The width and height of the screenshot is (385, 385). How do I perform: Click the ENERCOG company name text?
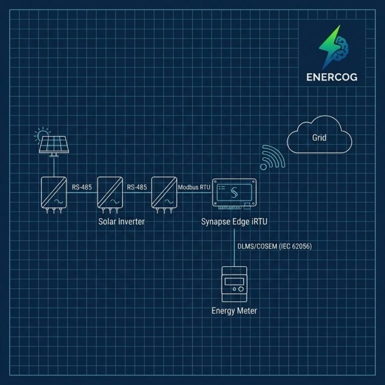click(332, 77)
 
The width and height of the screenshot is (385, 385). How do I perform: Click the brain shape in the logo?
click(341, 48)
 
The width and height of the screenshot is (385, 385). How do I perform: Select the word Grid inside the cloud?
click(319, 137)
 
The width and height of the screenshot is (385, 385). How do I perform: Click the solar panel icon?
click(54, 146)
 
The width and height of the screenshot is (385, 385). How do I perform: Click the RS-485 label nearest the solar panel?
click(82, 187)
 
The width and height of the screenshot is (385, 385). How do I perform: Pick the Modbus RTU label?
click(194, 187)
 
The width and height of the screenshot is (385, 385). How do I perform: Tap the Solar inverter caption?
click(121, 222)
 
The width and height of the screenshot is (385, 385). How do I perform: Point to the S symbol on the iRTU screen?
click(234, 192)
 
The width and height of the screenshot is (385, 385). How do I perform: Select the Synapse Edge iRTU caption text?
click(234, 222)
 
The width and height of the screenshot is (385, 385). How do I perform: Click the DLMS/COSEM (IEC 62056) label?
click(275, 246)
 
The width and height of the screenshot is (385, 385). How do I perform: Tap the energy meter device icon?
click(234, 284)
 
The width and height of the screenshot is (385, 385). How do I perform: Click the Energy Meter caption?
click(234, 311)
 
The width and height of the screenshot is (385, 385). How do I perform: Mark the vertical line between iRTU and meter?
click(234, 248)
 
